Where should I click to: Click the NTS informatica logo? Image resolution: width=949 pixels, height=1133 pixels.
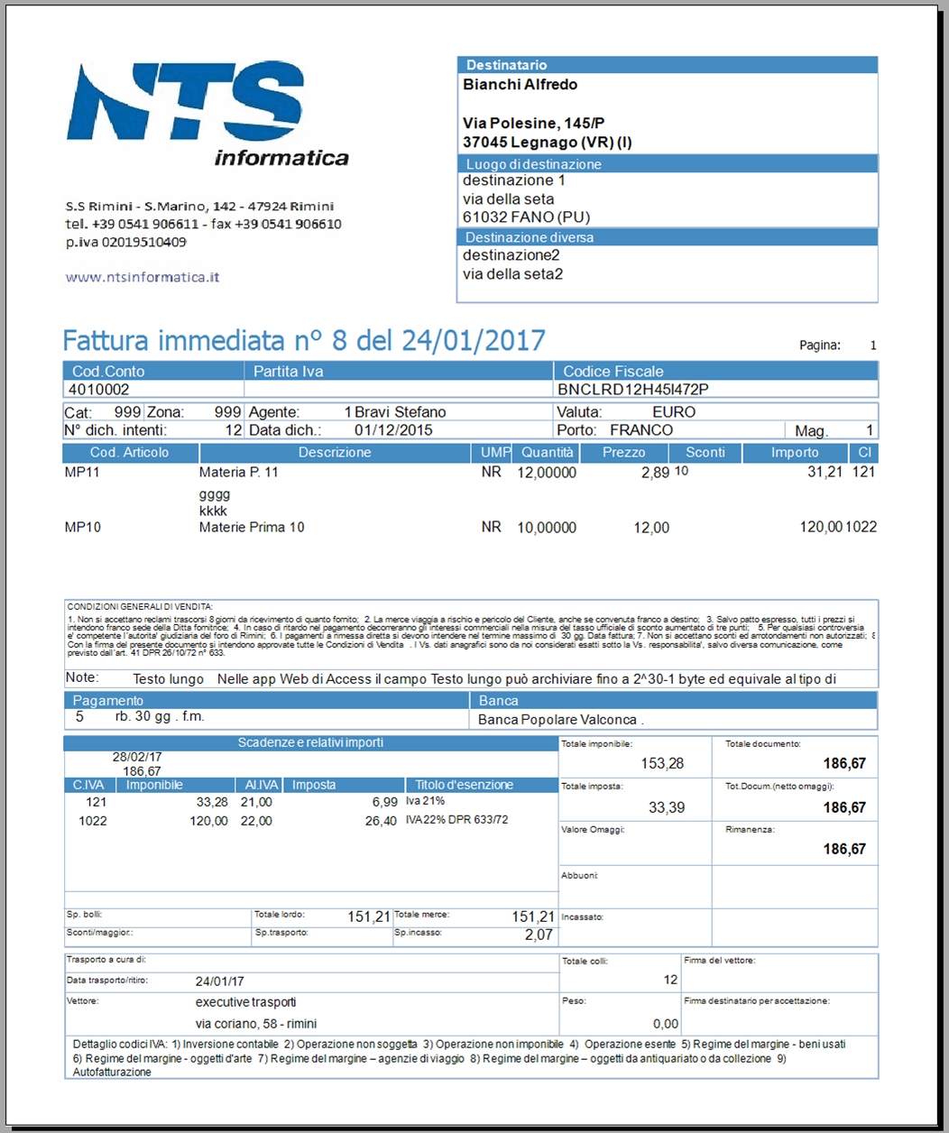click(x=207, y=113)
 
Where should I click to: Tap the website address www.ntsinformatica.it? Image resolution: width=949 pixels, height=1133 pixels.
click(x=143, y=277)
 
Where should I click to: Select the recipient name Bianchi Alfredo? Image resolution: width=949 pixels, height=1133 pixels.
click(x=520, y=85)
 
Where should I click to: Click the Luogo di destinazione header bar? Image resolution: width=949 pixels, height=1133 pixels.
click(x=668, y=164)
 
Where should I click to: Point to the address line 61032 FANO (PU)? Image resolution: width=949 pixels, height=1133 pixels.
click(x=526, y=217)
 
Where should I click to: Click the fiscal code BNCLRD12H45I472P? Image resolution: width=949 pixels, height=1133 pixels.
click(x=633, y=390)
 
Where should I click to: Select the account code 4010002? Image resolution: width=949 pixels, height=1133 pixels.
click(x=99, y=390)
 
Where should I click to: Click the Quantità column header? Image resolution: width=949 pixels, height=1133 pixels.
click(x=547, y=452)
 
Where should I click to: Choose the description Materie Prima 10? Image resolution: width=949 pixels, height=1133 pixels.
click(x=252, y=527)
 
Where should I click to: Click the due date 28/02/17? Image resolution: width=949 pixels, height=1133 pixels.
click(x=137, y=758)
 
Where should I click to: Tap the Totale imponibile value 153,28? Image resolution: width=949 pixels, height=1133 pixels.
click(x=662, y=764)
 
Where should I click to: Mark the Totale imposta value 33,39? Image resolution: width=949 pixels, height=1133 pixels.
click(x=667, y=808)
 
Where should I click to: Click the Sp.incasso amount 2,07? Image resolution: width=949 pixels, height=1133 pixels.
click(x=539, y=935)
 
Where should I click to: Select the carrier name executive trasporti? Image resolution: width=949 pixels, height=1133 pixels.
click(x=245, y=1002)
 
